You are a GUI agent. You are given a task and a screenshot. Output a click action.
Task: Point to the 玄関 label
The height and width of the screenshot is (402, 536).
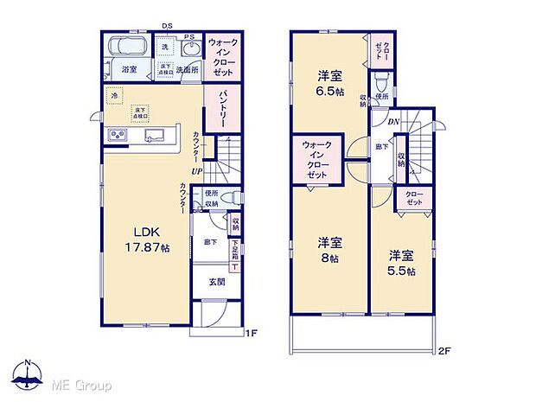point(217,282)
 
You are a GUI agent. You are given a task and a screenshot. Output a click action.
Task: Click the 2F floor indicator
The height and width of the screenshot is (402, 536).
point(445,350)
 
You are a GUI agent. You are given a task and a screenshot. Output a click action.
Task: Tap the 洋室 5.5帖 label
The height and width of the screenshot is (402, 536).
point(399,263)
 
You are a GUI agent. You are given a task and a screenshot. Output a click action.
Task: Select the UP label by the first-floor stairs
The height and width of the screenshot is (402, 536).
point(198,171)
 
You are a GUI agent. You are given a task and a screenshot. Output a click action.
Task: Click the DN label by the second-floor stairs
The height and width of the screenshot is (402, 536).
point(393,123)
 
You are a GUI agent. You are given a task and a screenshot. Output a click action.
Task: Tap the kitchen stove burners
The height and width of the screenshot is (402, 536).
point(117,137)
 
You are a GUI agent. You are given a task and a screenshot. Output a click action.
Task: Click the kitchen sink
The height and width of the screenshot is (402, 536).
point(156,137)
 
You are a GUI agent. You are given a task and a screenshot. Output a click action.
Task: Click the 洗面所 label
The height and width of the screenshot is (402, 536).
point(188,69)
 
